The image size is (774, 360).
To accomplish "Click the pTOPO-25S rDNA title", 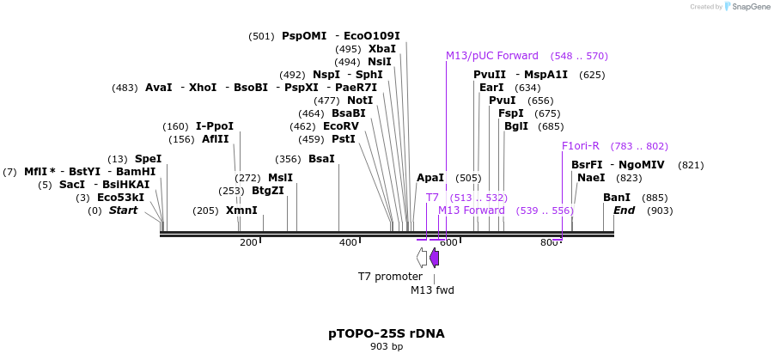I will [x=386, y=333].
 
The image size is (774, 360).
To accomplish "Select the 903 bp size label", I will [x=386, y=347].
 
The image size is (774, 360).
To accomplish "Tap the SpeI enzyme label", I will [x=148, y=159].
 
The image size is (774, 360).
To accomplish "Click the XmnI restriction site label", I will [x=241, y=211].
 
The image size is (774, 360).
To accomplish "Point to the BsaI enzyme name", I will [x=321, y=159].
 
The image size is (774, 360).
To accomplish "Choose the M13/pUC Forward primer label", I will [x=491, y=56].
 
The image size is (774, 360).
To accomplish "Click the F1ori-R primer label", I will [x=581, y=146].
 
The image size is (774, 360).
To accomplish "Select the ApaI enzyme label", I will [x=430, y=178].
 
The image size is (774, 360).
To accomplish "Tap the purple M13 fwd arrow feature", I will [x=435, y=257].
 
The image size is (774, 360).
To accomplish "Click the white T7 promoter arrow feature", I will [x=422, y=257].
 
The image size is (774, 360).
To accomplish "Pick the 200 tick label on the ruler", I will [x=248, y=243].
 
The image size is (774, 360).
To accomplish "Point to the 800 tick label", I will [x=550, y=243].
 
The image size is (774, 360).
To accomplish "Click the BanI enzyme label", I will [x=617, y=198].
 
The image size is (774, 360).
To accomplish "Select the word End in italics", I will [x=625, y=211].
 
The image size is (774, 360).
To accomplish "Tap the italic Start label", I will [x=123, y=211].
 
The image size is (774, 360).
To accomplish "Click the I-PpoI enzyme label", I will [x=215, y=126].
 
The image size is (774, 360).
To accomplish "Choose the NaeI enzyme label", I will [x=591, y=178].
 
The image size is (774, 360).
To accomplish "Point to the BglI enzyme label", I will [x=516, y=126].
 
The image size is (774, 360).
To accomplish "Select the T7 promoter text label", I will [x=390, y=277].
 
